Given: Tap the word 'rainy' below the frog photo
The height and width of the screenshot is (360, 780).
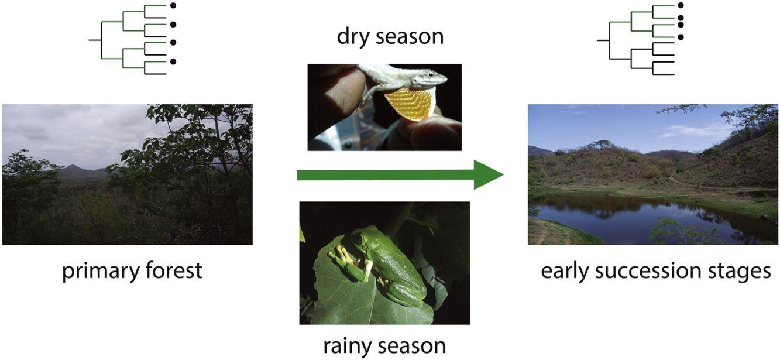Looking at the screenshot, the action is tap(349, 347).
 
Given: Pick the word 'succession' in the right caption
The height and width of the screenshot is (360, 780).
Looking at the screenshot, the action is tap(648, 271).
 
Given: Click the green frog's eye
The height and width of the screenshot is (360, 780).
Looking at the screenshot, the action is tap(358, 239).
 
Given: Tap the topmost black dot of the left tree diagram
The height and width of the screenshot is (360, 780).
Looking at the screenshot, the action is tap(173, 6).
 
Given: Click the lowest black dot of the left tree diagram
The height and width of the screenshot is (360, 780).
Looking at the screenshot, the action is tap(173, 61).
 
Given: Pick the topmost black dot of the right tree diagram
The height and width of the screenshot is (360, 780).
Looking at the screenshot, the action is tap(681, 5).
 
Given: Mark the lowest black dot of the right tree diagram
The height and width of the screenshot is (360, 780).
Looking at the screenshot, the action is tap(681, 37).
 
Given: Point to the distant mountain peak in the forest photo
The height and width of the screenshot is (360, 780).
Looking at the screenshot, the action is tap(73, 167).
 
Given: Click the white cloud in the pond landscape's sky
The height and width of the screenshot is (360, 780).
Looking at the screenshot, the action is tap(693, 131).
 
